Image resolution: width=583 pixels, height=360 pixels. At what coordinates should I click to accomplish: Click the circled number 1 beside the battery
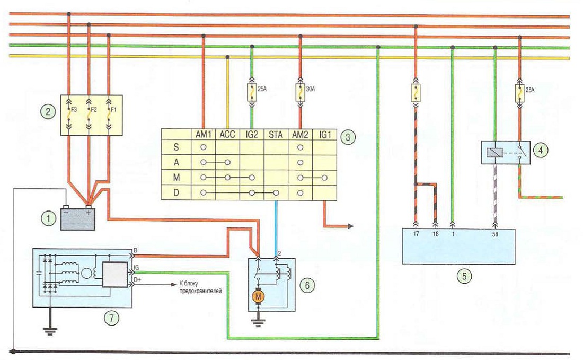[x=48, y=218]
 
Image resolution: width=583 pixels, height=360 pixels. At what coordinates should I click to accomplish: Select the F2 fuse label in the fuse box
[x=93, y=110]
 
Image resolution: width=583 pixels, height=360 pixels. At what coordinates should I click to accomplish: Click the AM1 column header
[x=204, y=134]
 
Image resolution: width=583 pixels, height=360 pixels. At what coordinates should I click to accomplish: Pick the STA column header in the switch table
[x=276, y=134]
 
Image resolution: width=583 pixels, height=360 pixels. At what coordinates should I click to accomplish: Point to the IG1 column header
[x=325, y=134]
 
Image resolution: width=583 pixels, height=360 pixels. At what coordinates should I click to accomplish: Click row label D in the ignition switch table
[x=176, y=192]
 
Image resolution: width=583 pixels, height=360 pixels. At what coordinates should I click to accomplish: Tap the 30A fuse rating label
[x=310, y=89]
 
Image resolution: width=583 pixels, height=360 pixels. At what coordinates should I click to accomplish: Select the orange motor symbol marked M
[x=258, y=296]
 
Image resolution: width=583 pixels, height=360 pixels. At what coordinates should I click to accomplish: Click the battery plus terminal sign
[x=89, y=213]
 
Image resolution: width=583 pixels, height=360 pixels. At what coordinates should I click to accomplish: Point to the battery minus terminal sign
[x=66, y=213]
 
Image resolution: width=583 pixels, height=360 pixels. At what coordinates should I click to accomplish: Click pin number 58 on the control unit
[x=495, y=234]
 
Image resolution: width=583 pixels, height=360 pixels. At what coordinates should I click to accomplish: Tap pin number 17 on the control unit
[x=416, y=234]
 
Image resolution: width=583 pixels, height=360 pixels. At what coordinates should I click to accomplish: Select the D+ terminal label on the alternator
[x=137, y=279]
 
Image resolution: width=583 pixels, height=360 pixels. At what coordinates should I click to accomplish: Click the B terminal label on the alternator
[x=135, y=251]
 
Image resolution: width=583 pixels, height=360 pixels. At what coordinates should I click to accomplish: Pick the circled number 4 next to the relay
[x=540, y=150]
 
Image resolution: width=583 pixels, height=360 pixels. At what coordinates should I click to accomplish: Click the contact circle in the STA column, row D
[x=276, y=193]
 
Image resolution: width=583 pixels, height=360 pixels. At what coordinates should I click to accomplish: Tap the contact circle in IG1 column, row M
[x=324, y=178]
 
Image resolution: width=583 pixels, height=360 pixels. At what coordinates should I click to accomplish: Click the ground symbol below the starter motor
[x=258, y=321]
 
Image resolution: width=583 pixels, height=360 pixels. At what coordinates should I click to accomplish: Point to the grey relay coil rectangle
[x=495, y=153]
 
